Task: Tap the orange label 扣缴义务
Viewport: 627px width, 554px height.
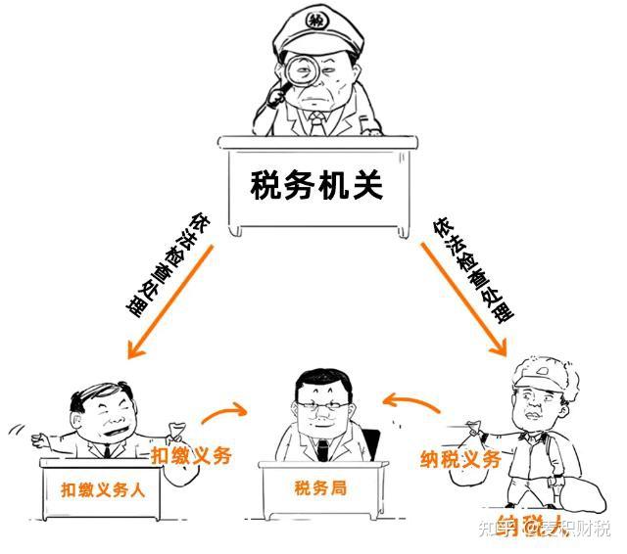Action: coord(191,455)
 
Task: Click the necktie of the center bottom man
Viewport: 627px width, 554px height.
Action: coord(322,449)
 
